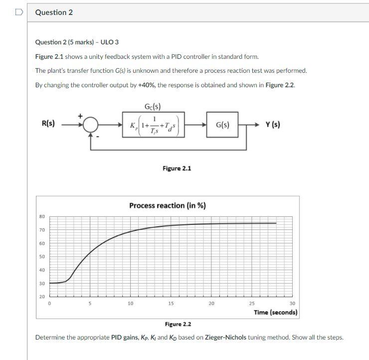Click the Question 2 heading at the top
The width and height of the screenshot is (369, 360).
click(x=54, y=12)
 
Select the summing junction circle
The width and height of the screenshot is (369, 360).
click(x=90, y=125)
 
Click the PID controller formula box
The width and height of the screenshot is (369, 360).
click(x=154, y=125)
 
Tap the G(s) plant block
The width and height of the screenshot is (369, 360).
click(x=222, y=125)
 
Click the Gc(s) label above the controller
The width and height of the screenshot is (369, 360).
click(x=152, y=107)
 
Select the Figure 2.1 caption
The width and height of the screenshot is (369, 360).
click(x=177, y=169)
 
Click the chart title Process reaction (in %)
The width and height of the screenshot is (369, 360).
click(x=167, y=205)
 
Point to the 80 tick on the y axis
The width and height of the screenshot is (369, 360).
click(x=42, y=216)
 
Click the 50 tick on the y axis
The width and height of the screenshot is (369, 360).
click(x=42, y=257)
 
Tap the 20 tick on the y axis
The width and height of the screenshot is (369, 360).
click(x=42, y=297)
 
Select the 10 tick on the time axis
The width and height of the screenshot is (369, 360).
click(x=131, y=303)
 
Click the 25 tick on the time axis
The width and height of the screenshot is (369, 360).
click(x=252, y=303)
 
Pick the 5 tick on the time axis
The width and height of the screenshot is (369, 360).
click(x=90, y=303)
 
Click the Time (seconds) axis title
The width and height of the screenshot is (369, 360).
click(x=275, y=312)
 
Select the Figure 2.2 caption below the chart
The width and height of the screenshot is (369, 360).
click(x=178, y=324)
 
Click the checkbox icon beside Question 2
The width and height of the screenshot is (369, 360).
click(x=18, y=12)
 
